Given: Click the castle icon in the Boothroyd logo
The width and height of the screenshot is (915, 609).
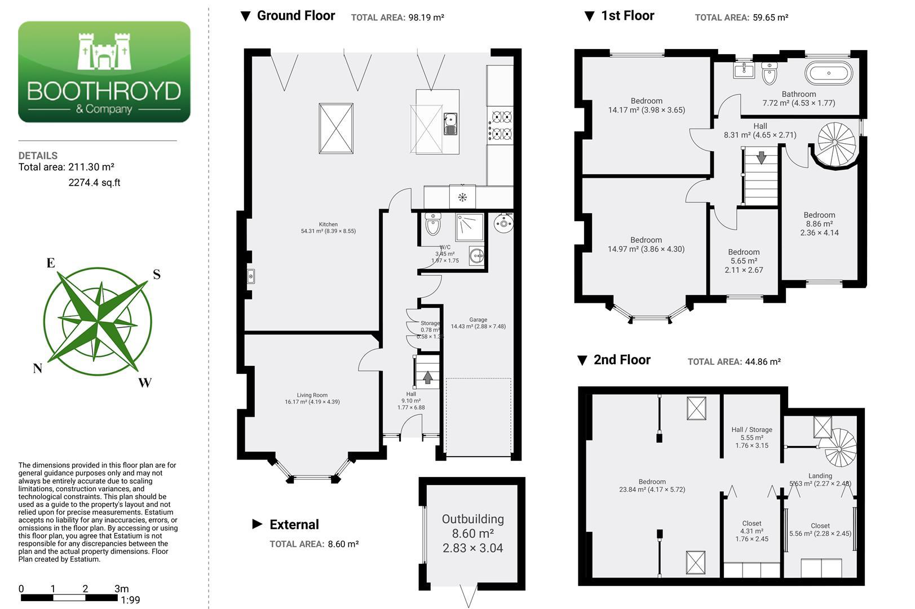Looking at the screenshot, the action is click(x=104, y=51).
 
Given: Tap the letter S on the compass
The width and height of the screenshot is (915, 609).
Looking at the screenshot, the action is click(x=157, y=274).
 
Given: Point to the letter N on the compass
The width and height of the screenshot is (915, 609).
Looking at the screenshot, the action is click(x=38, y=368).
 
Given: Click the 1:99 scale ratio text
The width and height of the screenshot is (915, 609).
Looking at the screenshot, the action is click(x=130, y=599).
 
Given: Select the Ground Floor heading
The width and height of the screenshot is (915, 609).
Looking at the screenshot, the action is click(x=296, y=16).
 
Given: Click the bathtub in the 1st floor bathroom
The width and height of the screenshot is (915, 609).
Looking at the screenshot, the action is click(x=829, y=73).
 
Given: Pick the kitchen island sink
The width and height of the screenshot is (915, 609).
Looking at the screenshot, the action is click(x=450, y=124).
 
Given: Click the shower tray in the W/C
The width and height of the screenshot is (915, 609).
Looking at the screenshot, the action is click(x=470, y=227).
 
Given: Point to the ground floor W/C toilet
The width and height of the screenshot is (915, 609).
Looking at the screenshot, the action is click(x=433, y=224).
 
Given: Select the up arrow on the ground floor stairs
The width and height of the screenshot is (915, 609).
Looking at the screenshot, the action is click(x=428, y=377).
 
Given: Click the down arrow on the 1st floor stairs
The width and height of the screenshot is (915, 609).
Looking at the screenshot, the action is click(x=762, y=158).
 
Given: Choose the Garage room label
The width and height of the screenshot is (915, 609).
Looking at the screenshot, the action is click(x=478, y=319).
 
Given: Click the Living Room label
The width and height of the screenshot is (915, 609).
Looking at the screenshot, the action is click(x=312, y=395).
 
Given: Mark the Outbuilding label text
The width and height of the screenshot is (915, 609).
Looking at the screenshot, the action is click(x=472, y=519).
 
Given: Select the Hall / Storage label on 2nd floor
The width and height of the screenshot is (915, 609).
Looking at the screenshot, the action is click(x=752, y=429).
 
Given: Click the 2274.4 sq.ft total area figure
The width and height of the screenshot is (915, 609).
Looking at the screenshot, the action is click(x=94, y=183).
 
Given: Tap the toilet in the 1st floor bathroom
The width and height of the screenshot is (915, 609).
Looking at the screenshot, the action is click(x=770, y=73).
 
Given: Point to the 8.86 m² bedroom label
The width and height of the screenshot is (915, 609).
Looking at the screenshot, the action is click(x=819, y=224).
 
